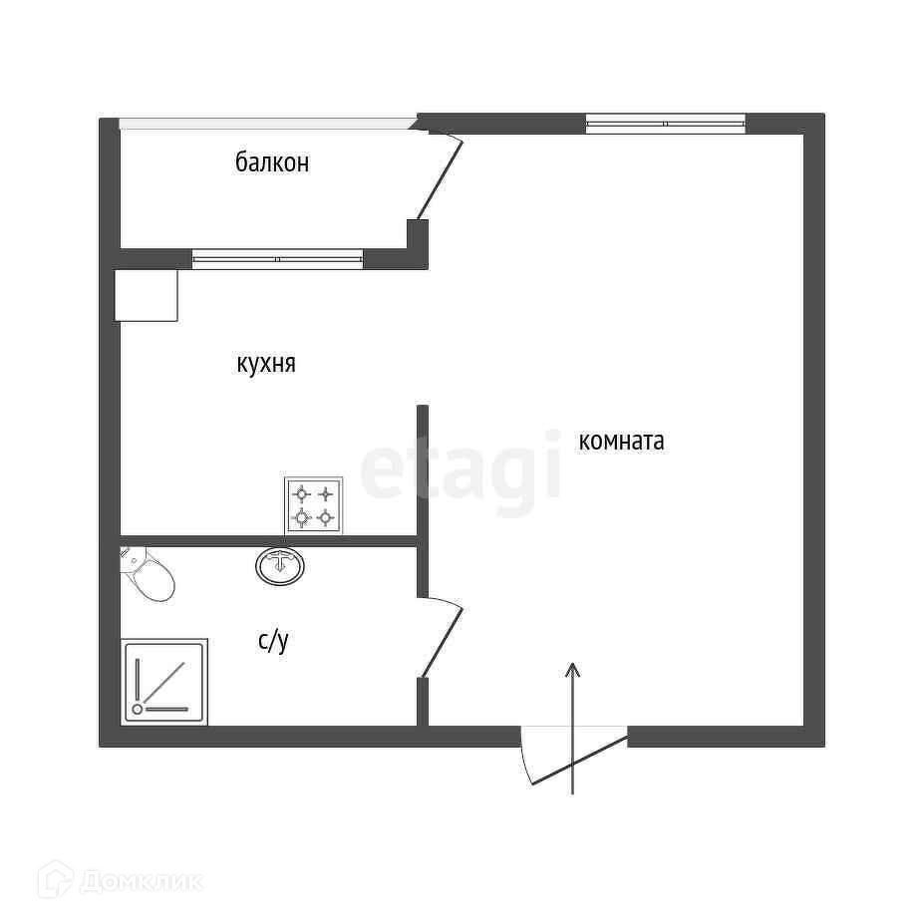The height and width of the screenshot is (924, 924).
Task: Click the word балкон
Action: (272, 162)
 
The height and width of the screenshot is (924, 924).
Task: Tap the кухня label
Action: (265, 364)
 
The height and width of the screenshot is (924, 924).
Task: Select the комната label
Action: (621, 441)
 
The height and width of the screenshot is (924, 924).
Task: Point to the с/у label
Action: (273, 641)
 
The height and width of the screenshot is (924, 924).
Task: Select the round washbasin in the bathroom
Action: (282, 565)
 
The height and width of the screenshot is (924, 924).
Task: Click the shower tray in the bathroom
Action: (164, 683)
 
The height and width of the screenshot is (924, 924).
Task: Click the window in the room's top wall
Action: (665, 124)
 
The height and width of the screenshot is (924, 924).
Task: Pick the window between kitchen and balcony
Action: (277, 259)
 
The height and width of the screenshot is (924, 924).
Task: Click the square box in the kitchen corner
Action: (147, 295)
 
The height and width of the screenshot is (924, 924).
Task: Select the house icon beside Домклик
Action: (55, 880)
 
